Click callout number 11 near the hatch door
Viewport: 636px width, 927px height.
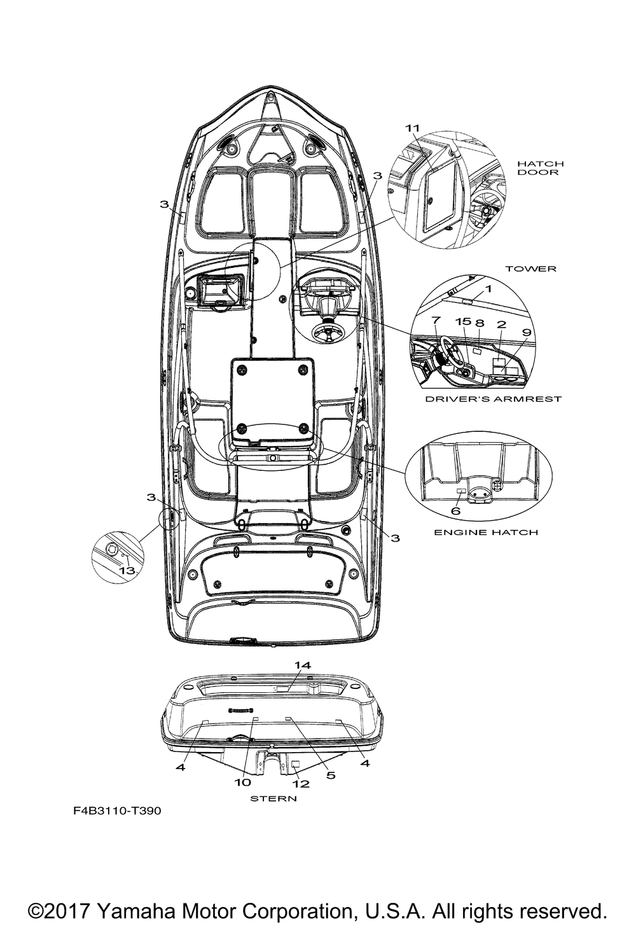tap(413, 128)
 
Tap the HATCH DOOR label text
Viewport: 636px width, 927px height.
tap(540, 168)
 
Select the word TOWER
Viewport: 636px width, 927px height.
tap(530, 269)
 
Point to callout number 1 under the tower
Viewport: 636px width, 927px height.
tap(488, 289)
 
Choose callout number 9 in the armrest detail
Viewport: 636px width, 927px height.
tap(526, 331)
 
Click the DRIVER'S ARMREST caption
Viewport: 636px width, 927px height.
tap(493, 399)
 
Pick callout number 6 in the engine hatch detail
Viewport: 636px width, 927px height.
tap(455, 510)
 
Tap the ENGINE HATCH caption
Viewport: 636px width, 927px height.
tap(485, 532)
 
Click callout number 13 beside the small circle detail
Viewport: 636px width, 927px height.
tap(127, 571)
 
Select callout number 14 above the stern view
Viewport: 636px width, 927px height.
tap(302, 665)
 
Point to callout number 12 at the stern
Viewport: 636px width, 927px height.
tap(300, 784)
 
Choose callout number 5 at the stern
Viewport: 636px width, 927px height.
tap(331, 775)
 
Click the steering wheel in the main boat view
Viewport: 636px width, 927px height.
tap(327, 331)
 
